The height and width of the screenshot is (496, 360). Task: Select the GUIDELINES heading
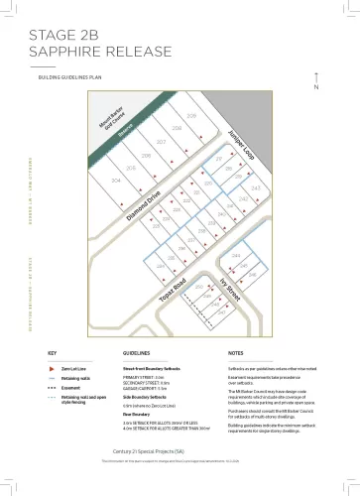pyautogui.click(x=136, y=352)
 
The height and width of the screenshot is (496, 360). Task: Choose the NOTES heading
pyautogui.click(x=235, y=352)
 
